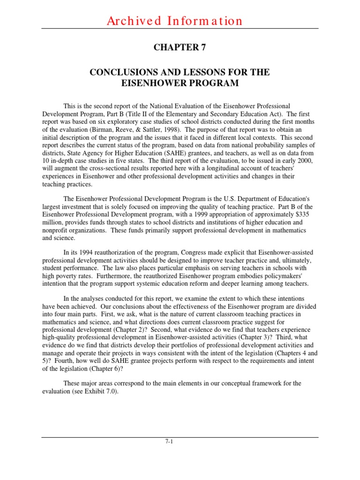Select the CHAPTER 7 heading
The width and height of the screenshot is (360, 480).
(x=180, y=47)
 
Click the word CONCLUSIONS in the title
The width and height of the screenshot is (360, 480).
(x=121, y=73)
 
